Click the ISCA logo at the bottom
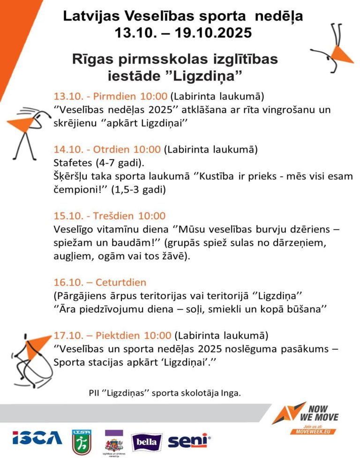click(x=37, y=438)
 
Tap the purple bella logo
click(x=147, y=442)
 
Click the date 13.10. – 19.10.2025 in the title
click(x=183, y=33)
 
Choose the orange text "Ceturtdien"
click(x=121, y=283)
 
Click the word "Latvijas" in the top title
click(x=92, y=17)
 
